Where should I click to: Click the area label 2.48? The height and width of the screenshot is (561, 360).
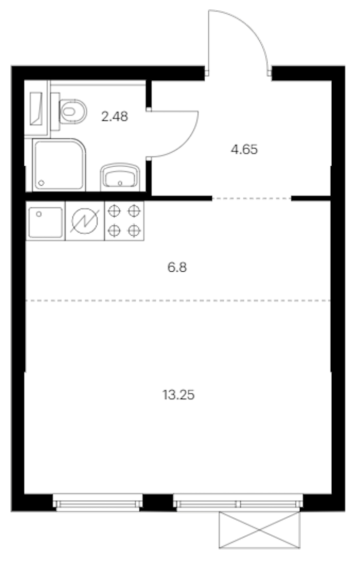point(114,116)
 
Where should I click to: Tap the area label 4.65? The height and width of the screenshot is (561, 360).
point(244,149)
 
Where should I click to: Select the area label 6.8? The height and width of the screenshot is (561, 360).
point(177,267)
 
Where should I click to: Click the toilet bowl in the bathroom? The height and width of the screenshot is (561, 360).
point(73,111)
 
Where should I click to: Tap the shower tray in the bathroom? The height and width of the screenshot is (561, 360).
point(59,165)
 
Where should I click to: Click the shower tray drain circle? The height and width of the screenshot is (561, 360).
point(41,183)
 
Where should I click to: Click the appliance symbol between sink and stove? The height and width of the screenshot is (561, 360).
point(85,221)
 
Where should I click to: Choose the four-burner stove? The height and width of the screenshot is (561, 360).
point(124,221)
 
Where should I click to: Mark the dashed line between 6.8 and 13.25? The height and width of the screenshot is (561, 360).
point(178,301)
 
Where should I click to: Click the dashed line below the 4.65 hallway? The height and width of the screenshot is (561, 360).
point(252,198)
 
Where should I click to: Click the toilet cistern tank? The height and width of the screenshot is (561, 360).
point(55,111)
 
